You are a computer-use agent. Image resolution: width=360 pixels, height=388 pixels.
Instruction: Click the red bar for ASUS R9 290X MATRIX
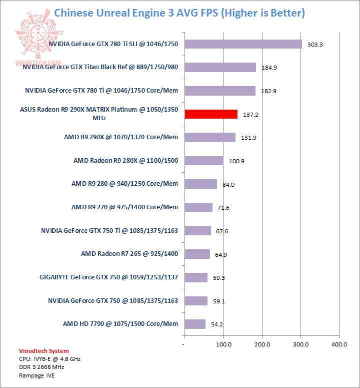(x=211, y=114)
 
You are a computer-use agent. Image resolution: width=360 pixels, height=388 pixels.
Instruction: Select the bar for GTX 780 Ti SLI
(x=243, y=44)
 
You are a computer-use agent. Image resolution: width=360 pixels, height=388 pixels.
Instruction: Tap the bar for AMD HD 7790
(x=195, y=324)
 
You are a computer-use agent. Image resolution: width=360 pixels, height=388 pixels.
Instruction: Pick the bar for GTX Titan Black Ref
(x=220, y=67)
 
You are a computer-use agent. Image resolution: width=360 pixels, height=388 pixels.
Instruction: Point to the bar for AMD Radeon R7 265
(x=197, y=254)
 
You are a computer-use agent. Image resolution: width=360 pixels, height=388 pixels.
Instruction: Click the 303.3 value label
(x=315, y=45)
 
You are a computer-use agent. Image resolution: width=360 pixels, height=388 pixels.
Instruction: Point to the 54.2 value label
(x=217, y=324)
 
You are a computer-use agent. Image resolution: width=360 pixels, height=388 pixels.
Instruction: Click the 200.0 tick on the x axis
(x=262, y=344)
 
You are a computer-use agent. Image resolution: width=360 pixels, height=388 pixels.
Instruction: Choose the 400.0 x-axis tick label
(x=339, y=344)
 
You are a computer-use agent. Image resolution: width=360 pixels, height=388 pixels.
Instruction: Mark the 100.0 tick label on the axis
(x=223, y=344)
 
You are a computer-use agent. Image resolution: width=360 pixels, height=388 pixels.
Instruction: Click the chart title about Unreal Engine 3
(x=179, y=13)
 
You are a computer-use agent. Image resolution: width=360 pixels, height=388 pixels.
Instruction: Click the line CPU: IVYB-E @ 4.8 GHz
(x=50, y=359)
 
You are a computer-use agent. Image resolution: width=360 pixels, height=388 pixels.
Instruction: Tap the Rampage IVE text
(x=37, y=375)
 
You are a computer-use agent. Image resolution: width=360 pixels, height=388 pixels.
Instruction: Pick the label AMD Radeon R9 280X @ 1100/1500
(x=125, y=161)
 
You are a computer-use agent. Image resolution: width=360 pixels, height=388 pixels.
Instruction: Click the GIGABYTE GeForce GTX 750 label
(x=108, y=277)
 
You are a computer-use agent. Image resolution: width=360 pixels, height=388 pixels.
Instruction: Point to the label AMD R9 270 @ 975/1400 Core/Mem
(x=124, y=207)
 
